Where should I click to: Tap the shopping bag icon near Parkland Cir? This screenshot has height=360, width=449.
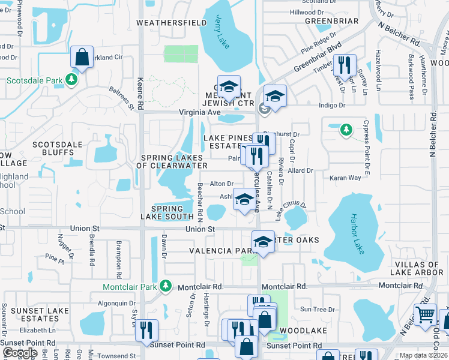[82, 58]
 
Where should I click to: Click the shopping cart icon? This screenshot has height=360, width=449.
[425, 313]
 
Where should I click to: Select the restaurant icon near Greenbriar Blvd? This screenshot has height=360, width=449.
[345, 64]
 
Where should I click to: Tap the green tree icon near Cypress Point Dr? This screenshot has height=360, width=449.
[346, 129]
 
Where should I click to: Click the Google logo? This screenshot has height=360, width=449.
[19, 353]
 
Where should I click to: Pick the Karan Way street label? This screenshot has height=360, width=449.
[346, 178]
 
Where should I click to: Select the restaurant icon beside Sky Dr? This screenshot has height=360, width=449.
[146, 330]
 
